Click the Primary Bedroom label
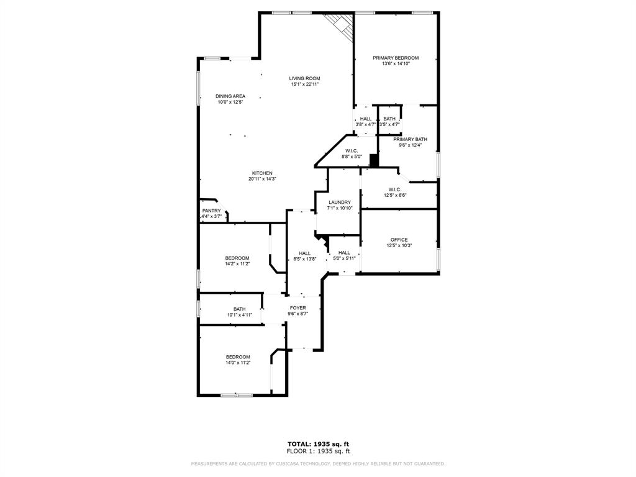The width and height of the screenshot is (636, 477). click(x=396, y=58)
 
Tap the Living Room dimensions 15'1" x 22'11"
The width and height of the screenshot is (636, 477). click(x=304, y=84)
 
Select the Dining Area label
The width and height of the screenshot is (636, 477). click(x=230, y=96)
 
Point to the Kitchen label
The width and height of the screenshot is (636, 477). click(x=262, y=173)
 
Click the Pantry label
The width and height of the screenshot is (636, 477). click(x=211, y=211)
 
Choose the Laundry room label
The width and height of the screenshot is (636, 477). click(x=340, y=202)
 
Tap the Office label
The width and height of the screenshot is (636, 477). click(x=399, y=240)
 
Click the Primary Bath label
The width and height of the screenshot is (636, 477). click(x=410, y=140)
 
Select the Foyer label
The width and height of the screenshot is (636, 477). click(x=298, y=308)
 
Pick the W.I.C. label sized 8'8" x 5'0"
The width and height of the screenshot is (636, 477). click(x=352, y=151)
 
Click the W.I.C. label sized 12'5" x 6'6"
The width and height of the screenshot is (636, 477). click(x=395, y=189)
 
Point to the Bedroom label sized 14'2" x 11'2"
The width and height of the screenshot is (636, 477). click(x=237, y=258)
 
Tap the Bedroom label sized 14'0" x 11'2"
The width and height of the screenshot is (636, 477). click(x=238, y=357)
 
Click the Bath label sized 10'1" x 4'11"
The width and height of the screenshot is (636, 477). click(x=239, y=309)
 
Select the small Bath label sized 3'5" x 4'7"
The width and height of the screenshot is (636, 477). click(x=389, y=119)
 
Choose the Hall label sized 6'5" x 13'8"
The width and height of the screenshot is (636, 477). click(x=305, y=253)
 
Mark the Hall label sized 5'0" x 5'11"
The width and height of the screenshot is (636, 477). click(x=344, y=253)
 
